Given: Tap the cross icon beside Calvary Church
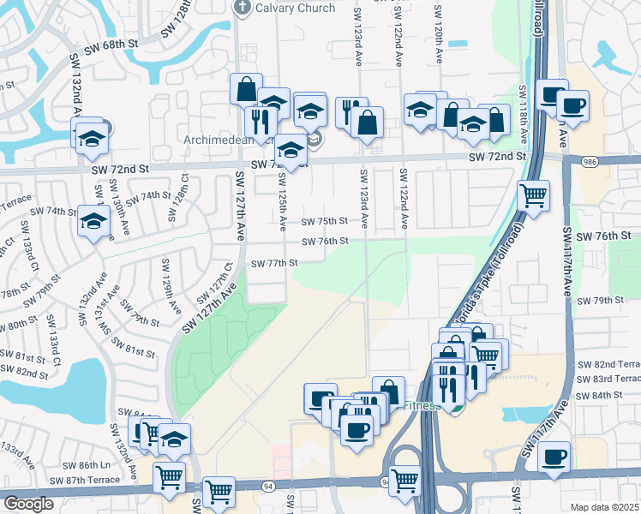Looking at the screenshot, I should pyautogui.click(x=243, y=7).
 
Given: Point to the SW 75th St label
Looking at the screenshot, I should pyautogui.click(x=323, y=221).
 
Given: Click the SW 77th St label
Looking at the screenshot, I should pyautogui.click(x=273, y=263).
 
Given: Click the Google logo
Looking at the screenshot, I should pyautogui.click(x=28, y=504).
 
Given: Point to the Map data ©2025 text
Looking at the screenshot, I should pyautogui.click(x=605, y=507).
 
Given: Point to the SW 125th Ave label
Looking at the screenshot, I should pyautogui.click(x=282, y=200).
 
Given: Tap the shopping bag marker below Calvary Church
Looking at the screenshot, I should pyautogui.click(x=246, y=89).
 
